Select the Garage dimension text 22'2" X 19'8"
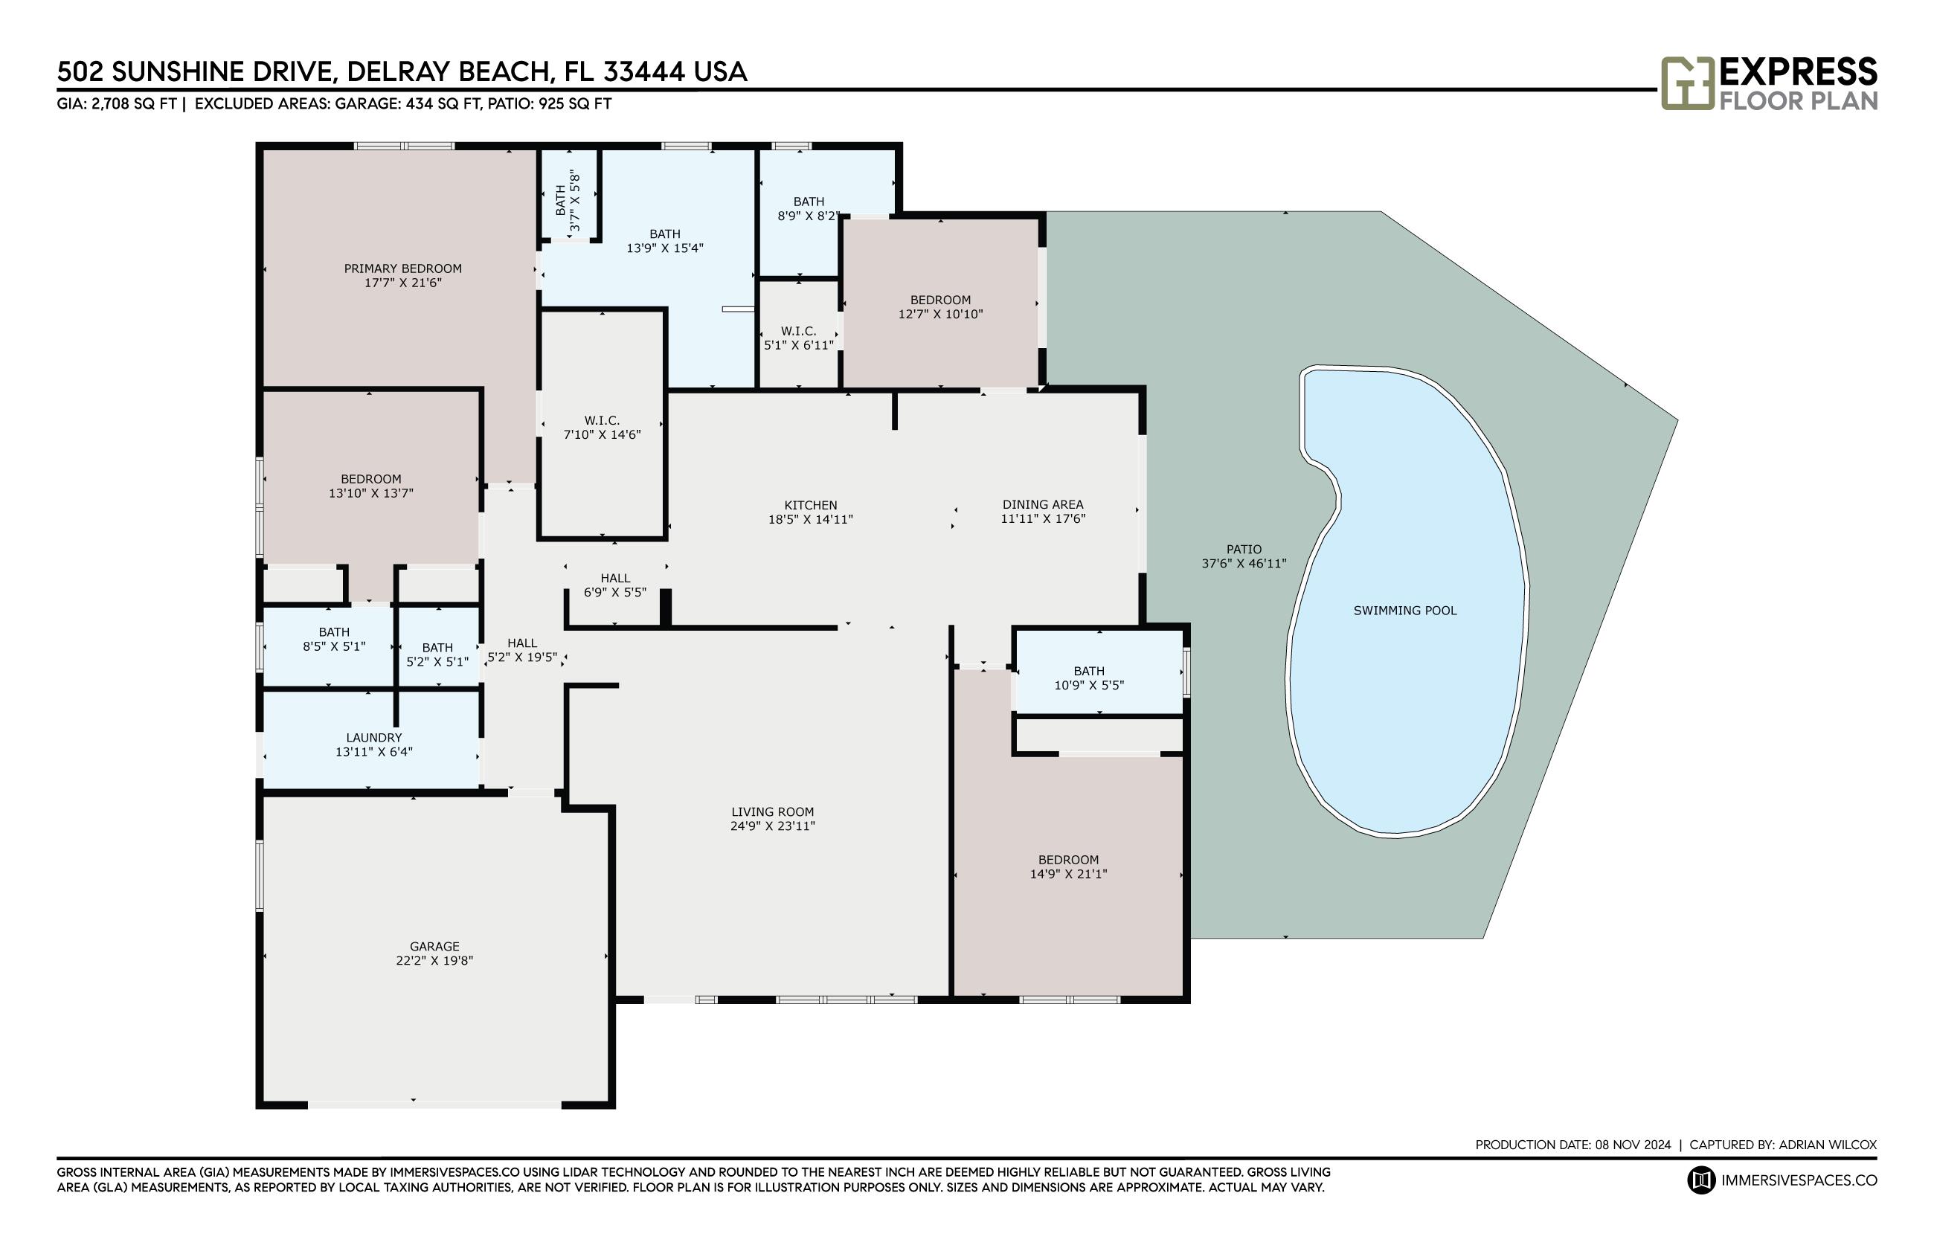click(x=434, y=960)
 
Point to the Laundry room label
click(x=373, y=738)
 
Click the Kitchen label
click(x=811, y=505)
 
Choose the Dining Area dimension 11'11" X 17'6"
click(x=1043, y=518)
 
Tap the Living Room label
click(x=772, y=811)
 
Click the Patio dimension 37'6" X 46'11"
click(x=1244, y=563)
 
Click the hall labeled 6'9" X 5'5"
click(x=615, y=585)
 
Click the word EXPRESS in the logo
click(x=1799, y=71)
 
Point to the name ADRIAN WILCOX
click(x=1828, y=1145)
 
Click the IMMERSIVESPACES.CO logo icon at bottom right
click(x=1701, y=1180)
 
